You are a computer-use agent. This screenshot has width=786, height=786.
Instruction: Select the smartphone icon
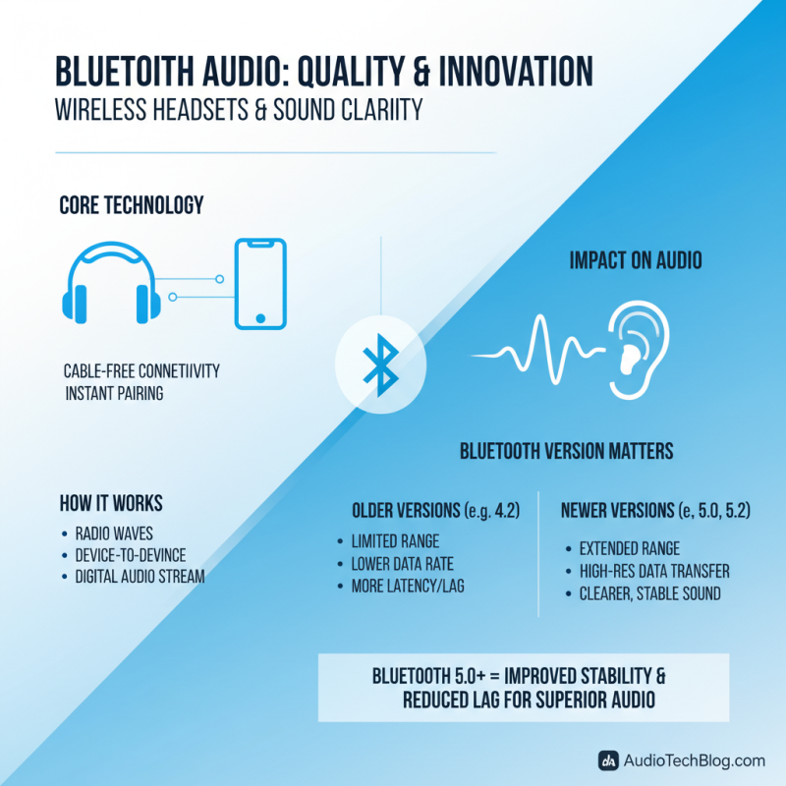point(260,285)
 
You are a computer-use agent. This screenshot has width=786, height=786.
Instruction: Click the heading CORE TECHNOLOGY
point(131,205)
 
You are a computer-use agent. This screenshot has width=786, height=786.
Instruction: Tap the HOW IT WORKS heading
point(110,504)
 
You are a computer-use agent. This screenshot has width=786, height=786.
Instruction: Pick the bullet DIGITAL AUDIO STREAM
point(140,577)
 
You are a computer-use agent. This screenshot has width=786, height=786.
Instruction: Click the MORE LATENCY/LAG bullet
point(407,587)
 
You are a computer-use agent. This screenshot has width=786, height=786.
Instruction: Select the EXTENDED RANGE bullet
point(630,548)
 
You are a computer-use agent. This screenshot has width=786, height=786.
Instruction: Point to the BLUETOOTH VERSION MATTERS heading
point(567,451)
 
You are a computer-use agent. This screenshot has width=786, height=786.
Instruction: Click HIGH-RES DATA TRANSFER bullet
point(654,571)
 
